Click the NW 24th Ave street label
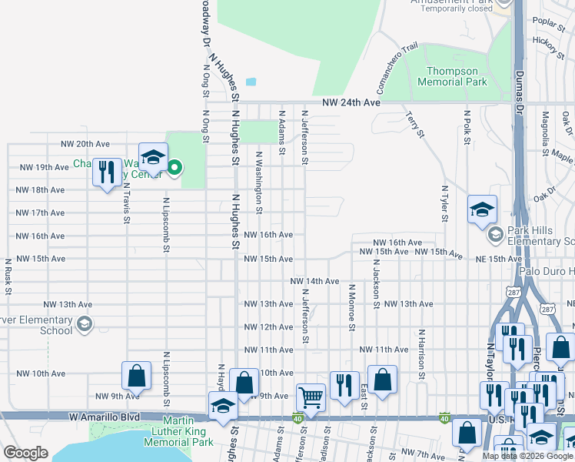click(351, 102)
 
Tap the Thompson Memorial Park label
click(452, 76)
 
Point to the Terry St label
click(414, 124)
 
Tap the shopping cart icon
click(311, 397)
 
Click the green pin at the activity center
click(174, 166)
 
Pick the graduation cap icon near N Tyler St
click(482, 209)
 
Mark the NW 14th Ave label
click(314, 282)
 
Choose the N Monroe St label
click(351, 307)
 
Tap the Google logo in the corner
click(25, 453)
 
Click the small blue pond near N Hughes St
click(251, 82)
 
